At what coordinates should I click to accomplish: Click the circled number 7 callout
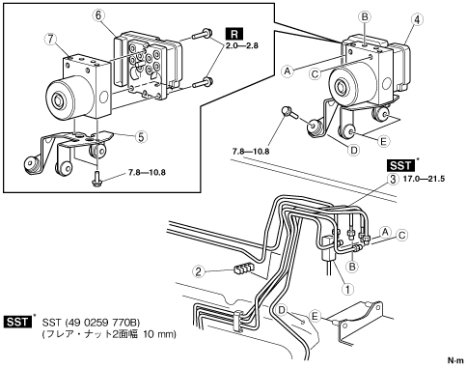point(51,40)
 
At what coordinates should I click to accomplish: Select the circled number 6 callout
point(98,14)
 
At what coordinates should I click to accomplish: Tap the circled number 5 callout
point(141,137)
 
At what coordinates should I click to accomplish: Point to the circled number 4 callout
point(417,19)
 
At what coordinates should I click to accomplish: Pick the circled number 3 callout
point(393,179)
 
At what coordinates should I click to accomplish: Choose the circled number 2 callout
point(199,271)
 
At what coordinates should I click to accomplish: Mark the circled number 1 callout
point(347,289)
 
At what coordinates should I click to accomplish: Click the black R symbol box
point(234,34)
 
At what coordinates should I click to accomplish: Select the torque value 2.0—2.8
point(241,45)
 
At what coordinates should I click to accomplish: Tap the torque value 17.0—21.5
point(424,179)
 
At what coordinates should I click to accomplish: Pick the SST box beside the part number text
point(18,322)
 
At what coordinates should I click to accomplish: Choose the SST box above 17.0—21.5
point(400,165)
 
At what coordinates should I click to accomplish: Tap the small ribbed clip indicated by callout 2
point(243,269)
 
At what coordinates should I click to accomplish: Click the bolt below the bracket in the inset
point(96,178)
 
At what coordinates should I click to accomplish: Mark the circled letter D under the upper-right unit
point(354,150)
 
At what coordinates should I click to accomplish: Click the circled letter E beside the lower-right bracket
point(315,316)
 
